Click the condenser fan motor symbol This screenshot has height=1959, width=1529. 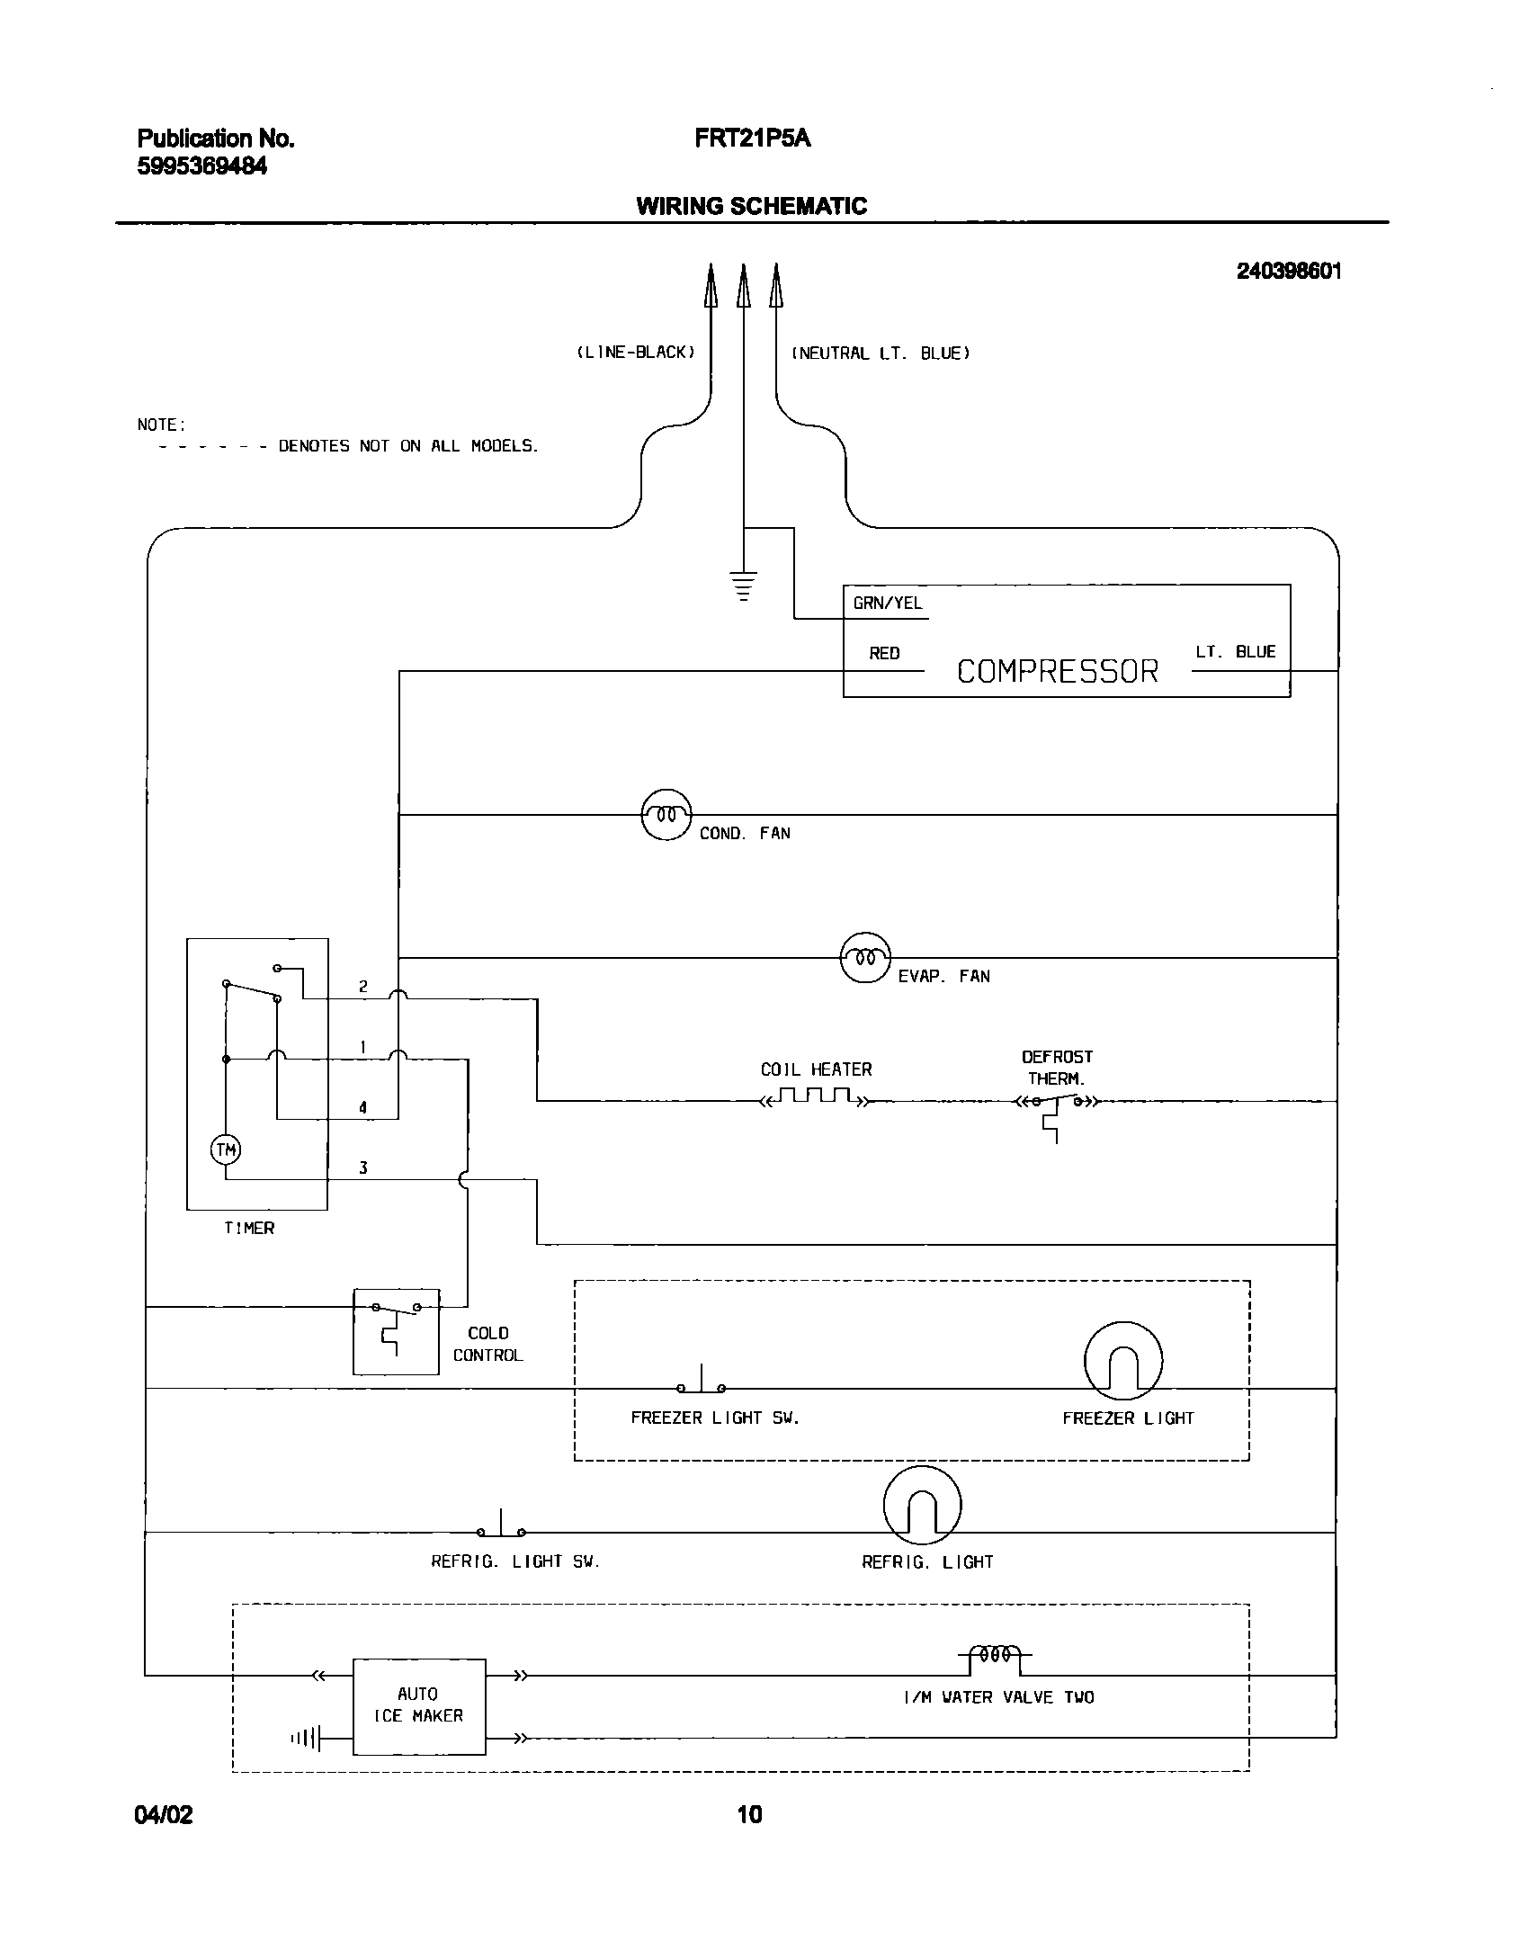666,815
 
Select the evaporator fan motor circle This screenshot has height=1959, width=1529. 864,958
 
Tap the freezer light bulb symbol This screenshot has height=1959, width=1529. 1122,1362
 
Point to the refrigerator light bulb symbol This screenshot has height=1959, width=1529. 922,1506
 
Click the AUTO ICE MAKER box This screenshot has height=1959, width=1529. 419,1706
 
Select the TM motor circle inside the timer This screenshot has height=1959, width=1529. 226,1149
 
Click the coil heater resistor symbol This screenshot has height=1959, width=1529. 815,1097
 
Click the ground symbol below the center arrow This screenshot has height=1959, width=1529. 743,586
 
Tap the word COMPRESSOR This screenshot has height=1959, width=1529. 1057,672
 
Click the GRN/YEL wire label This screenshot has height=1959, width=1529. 887,604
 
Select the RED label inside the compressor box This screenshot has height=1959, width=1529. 884,654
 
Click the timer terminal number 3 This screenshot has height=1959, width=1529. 363,1168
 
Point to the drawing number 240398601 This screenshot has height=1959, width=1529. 1288,272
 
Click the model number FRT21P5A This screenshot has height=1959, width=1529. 752,139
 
